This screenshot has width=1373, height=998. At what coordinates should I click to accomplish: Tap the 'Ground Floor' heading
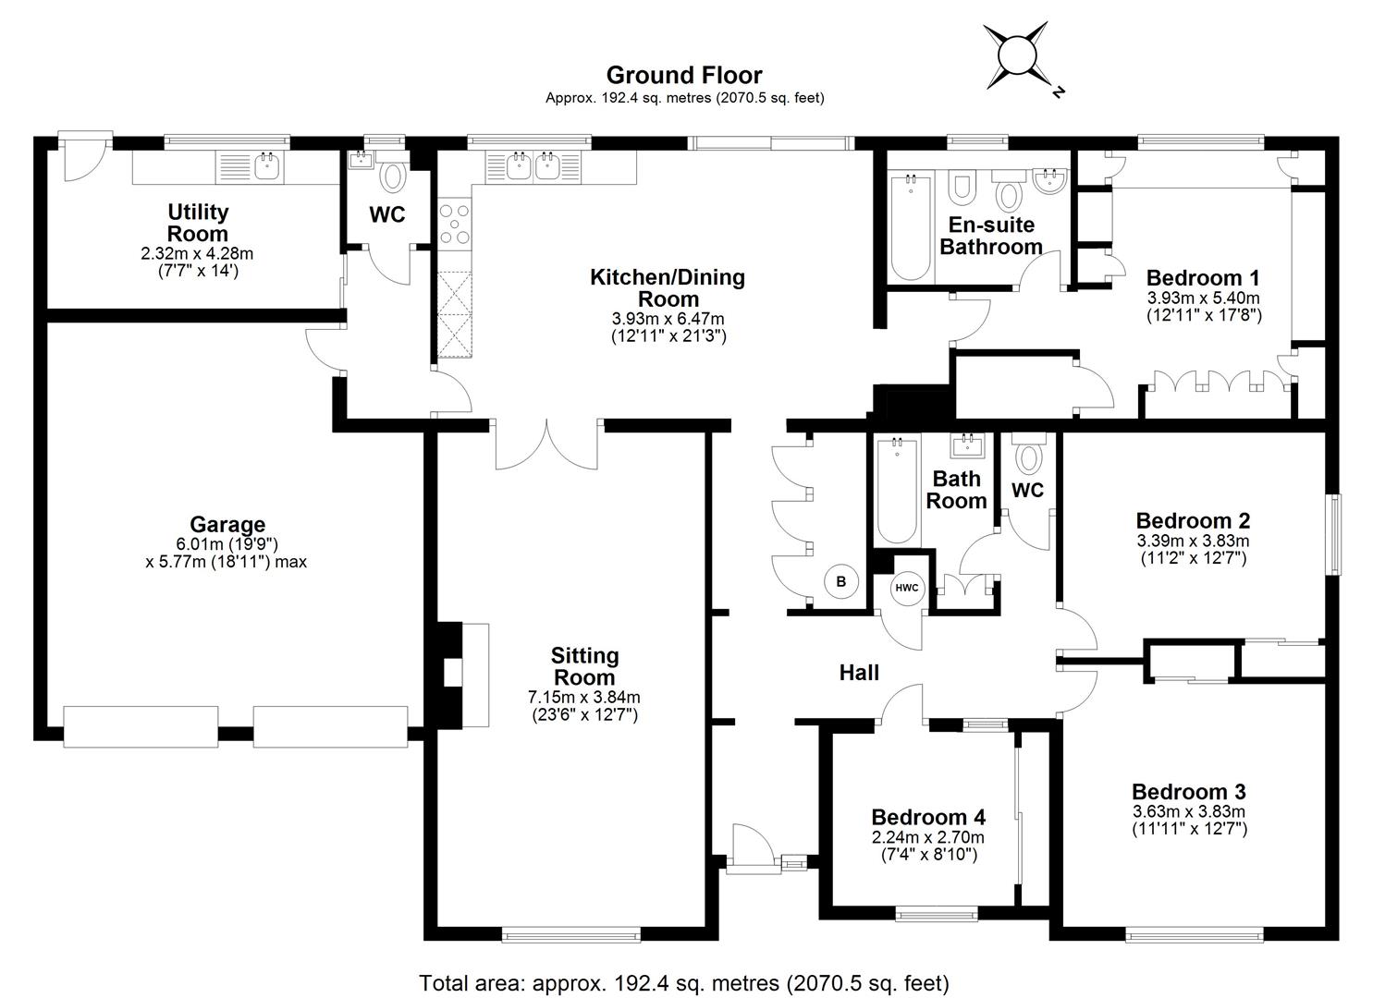pos(683,75)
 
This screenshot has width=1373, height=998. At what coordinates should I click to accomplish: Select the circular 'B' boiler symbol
pos(840,582)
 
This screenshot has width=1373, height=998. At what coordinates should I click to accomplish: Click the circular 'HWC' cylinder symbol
pos(906,588)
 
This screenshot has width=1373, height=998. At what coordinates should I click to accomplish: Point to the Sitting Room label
pos(584,666)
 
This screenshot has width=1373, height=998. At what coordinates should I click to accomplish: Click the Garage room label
pos(227,525)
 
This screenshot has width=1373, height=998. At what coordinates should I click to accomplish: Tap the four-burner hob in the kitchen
pos(456,224)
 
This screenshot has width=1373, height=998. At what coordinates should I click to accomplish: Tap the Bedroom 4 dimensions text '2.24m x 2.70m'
pos(927,837)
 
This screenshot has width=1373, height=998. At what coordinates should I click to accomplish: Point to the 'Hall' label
pos(858,673)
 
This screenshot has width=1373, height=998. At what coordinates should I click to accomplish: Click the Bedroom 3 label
pos(1188,792)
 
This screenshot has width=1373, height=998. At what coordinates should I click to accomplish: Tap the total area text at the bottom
pos(684,982)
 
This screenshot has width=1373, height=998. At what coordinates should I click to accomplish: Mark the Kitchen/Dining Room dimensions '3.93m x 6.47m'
pos(668,319)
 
